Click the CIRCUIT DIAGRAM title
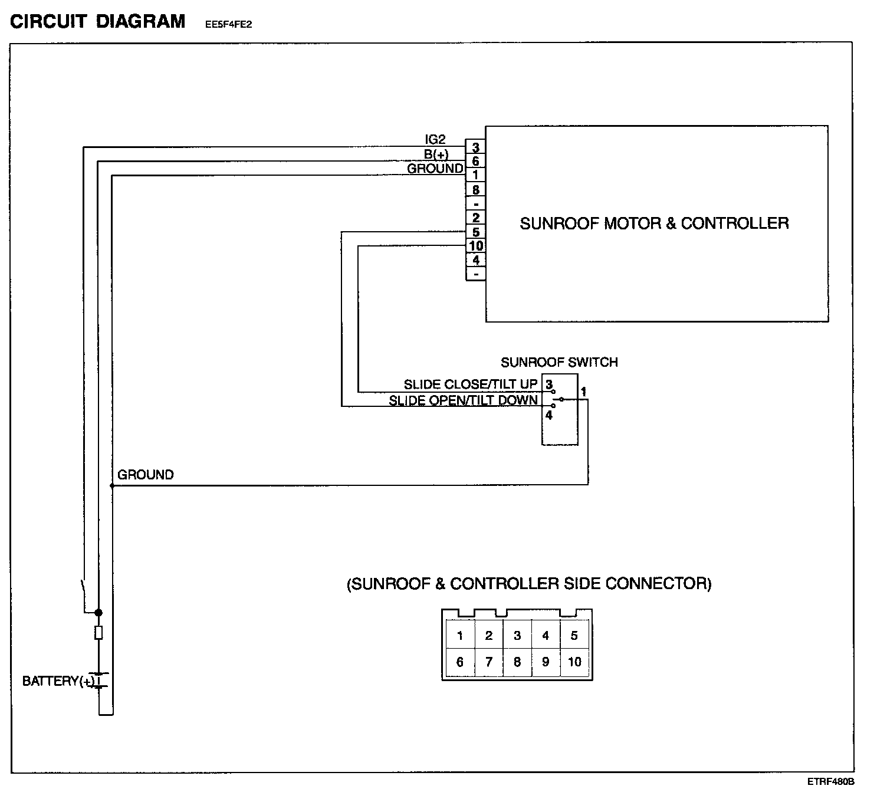[98, 22]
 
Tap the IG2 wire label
[435, 140]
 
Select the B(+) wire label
[436, 155]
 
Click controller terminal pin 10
[475, 246]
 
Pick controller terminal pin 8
[475, 190]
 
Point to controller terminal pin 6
[475, 161]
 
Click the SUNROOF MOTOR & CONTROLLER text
[654, 223]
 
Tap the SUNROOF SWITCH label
[559, 362]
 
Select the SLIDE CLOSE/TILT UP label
[471, 384]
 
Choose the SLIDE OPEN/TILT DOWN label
[463, 401]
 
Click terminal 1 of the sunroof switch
[583, 391]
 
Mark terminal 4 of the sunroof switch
[548, 415]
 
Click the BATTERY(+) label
[58, 682]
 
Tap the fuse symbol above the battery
[98, 633]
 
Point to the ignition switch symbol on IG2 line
[84, 589]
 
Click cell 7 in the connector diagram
[488, 662]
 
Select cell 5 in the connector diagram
[574, 636]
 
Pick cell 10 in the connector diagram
[574, 662]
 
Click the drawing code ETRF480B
[831, 782]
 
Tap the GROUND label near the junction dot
[146, 475]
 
